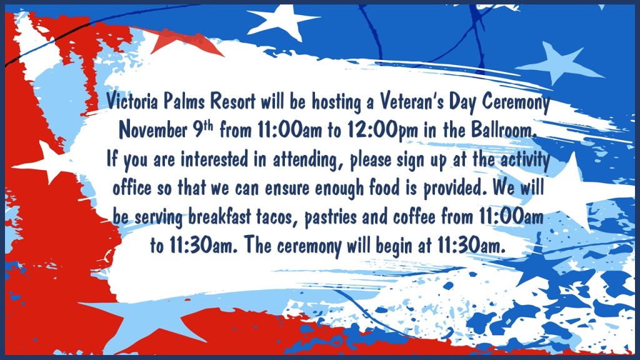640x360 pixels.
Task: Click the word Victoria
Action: (132, 101)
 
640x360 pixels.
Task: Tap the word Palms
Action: (184, 101)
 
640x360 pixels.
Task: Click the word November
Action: (152, 130)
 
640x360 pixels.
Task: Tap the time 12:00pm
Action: (383, 131)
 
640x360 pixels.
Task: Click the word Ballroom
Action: (502, 130)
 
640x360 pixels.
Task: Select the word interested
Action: (215, 159)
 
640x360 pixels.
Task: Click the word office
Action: (132, 187)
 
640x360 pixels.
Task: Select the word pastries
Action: (330, 217)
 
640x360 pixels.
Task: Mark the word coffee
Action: (414, 217)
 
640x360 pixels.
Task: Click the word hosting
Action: (336, 102)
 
